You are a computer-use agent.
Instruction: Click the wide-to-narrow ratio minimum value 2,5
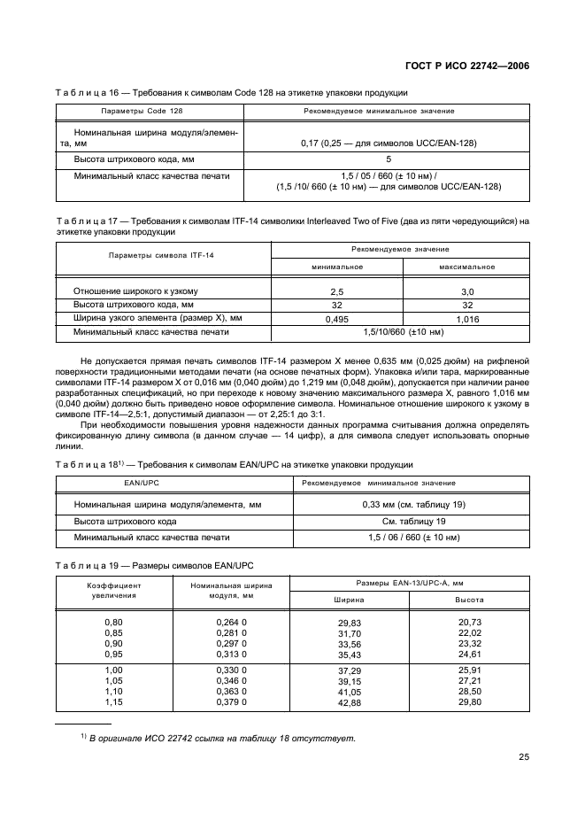[336, 291]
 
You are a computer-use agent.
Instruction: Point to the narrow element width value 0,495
[336, 318]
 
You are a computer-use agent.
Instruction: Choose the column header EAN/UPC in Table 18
[143, 483]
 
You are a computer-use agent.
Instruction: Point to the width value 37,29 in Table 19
[350, 670]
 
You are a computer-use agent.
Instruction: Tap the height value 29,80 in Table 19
[468, 702]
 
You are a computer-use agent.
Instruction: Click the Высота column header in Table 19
[468, 600]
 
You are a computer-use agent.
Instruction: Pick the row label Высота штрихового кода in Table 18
[130, 521]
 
